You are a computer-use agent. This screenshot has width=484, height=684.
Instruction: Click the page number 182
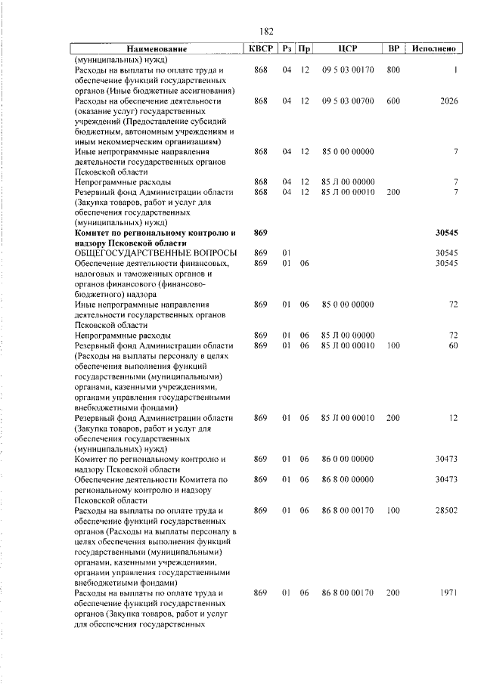pos(265,31)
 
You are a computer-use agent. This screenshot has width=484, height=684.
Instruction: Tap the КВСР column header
pos(262,49)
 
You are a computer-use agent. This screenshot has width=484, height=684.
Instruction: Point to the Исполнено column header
pos(434,49)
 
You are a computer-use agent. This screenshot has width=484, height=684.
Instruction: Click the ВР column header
pos(393,49)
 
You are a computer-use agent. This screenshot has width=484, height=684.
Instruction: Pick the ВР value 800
pos(393,70)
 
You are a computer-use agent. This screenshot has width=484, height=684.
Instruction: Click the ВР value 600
pos(393,101)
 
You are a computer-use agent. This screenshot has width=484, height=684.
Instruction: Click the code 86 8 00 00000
pos(347,481)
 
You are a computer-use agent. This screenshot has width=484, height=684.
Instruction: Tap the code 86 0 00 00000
pos(347,460)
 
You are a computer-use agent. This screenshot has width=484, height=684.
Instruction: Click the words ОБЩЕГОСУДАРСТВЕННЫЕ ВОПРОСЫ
pos(156,253)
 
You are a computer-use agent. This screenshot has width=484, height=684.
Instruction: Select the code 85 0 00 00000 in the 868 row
pos(347,152)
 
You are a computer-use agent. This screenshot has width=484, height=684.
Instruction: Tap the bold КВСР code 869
pos(261,234)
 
